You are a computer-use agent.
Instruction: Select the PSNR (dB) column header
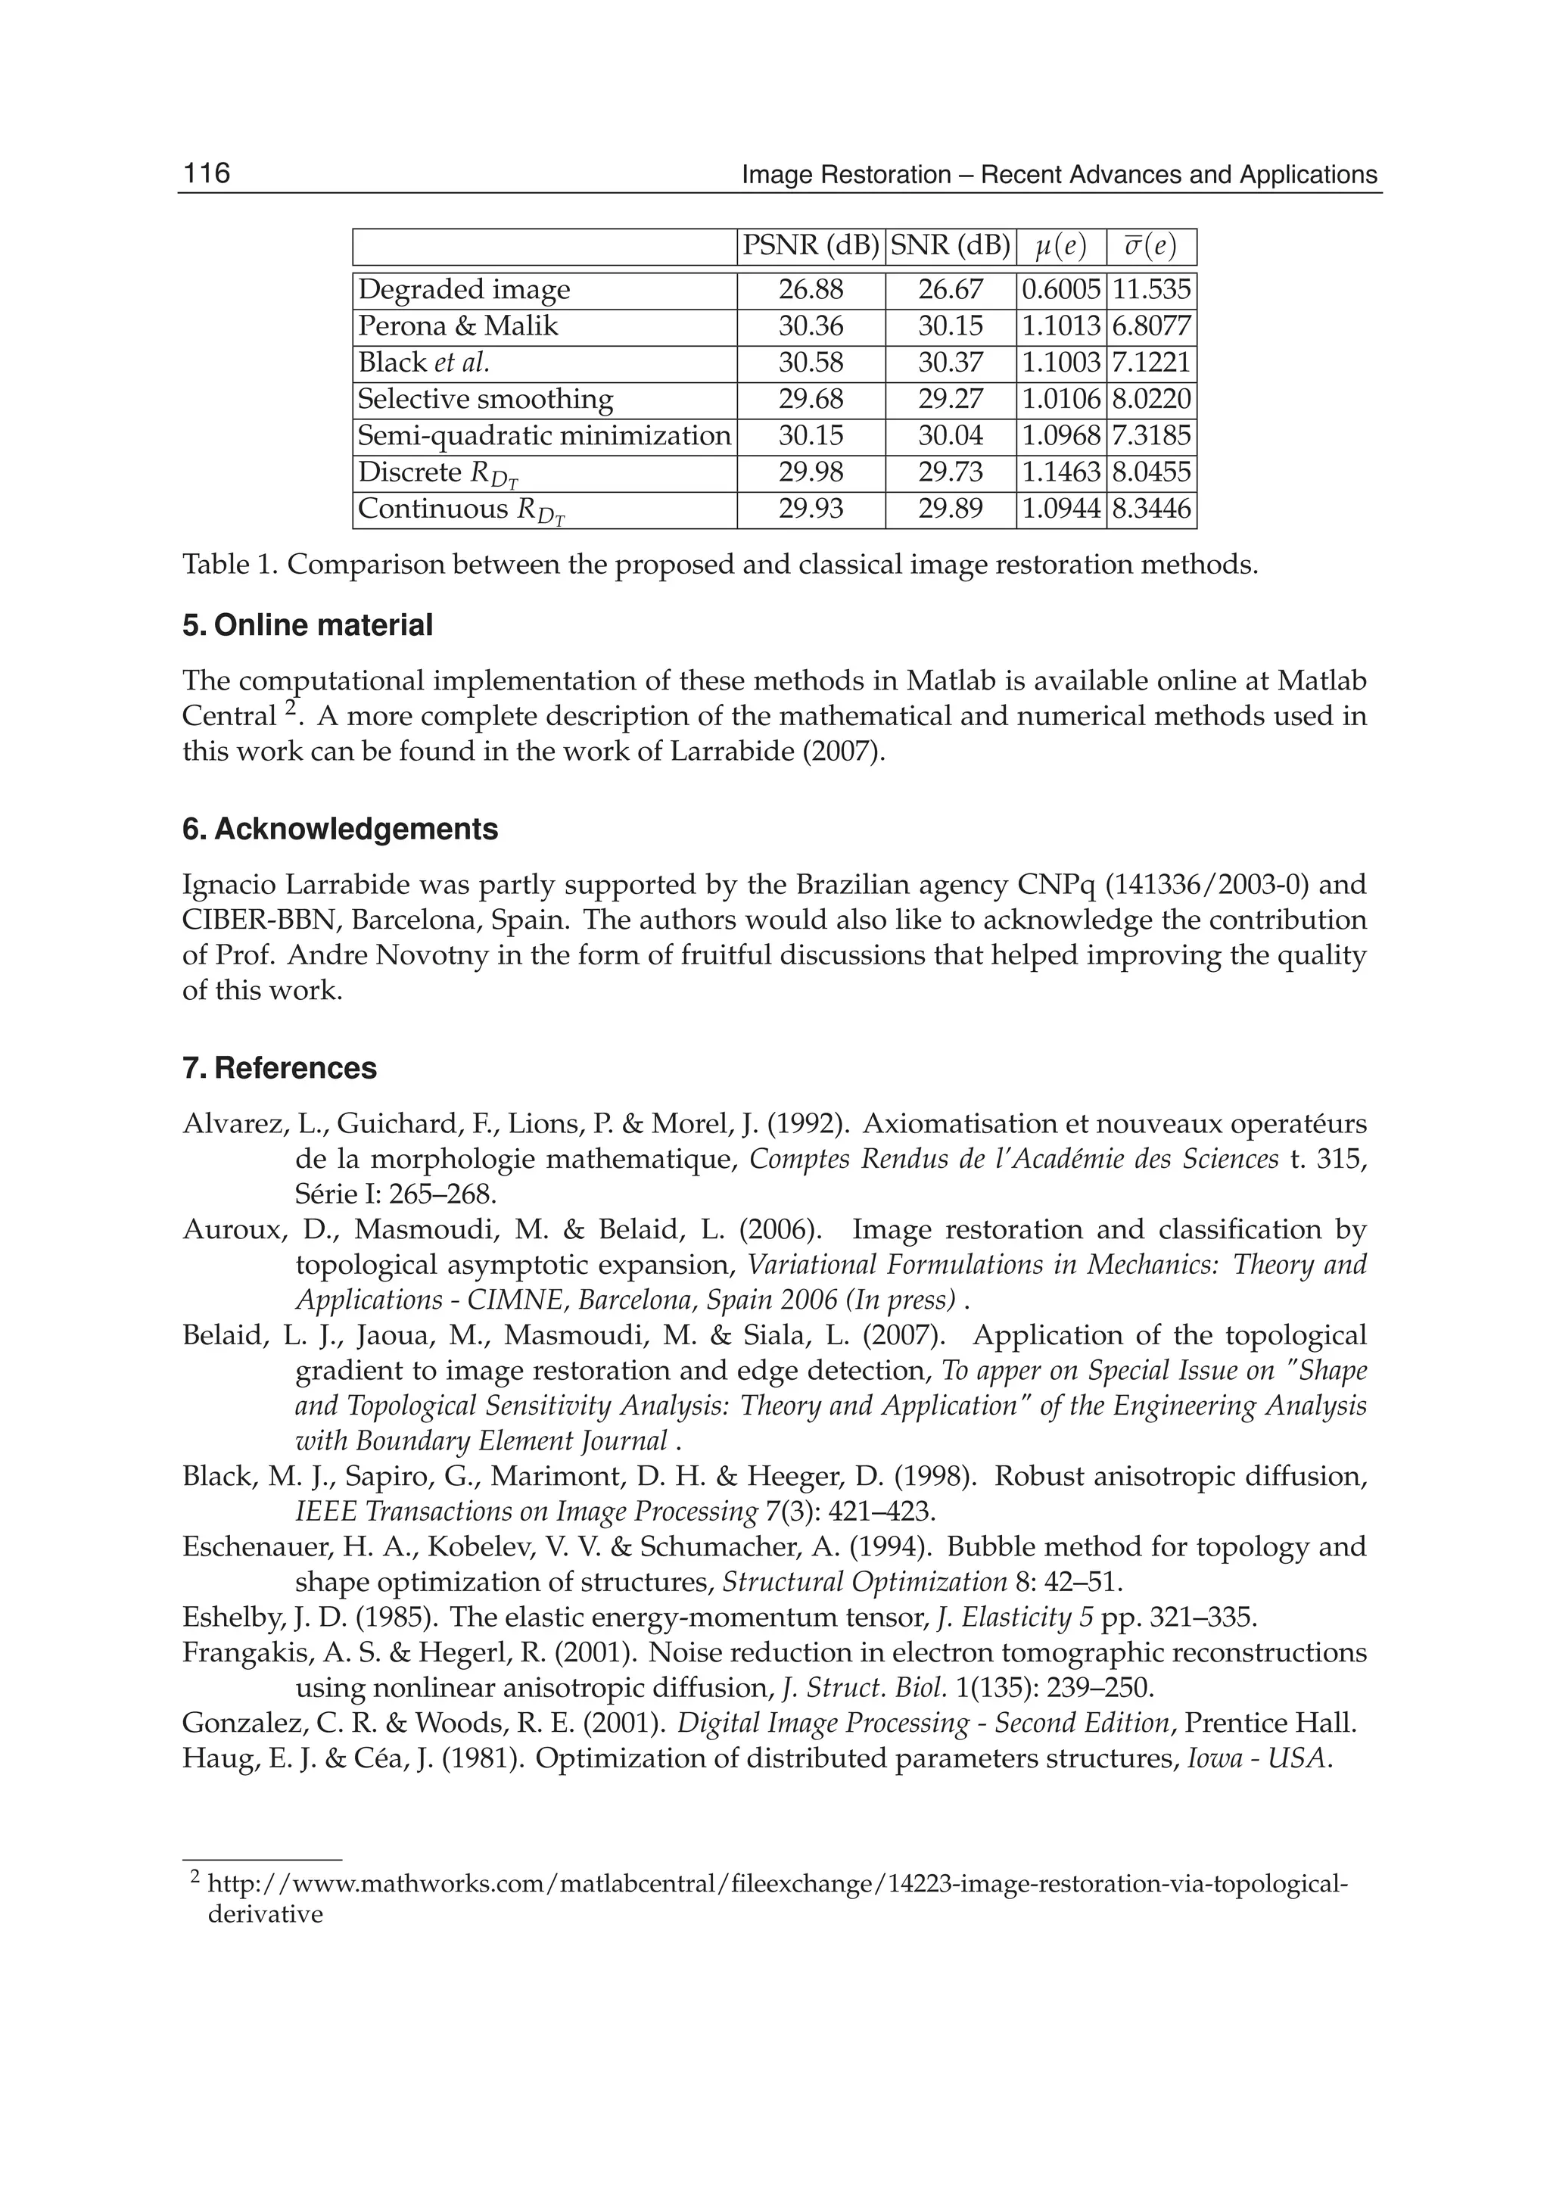811,246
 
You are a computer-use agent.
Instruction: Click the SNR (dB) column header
950,246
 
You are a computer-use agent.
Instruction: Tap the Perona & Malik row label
457,326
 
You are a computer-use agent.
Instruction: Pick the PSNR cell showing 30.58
811,363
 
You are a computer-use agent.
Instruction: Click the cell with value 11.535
1151,290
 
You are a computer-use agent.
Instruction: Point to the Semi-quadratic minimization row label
544,436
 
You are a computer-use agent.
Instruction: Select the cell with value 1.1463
1060,472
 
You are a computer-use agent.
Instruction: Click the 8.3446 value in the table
1151,509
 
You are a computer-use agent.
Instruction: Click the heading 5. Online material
307,625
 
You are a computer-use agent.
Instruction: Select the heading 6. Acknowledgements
340,829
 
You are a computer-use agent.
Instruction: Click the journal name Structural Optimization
864,1582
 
